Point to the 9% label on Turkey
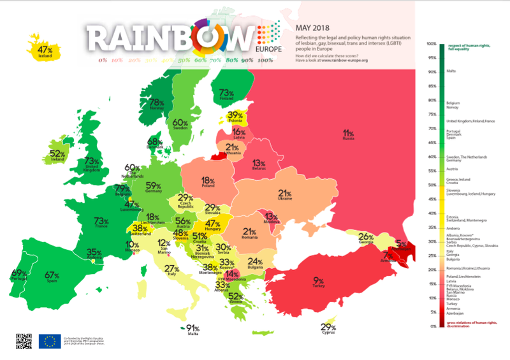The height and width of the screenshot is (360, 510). pos(318,281)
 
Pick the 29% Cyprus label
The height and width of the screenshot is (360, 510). pos(330,329)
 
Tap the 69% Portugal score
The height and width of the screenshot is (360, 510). pos(20,275)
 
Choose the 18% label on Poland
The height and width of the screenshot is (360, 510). pos(208,182)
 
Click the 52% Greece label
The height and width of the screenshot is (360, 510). pos(237,296)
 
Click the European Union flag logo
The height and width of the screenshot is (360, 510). pos(49,342)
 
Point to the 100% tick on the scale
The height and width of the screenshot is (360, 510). pos(432,43)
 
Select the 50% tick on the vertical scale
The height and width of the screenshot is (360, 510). pos(432,185)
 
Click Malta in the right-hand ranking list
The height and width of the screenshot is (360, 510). pos(451,71)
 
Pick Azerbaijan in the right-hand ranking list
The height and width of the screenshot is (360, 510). pos(455,313)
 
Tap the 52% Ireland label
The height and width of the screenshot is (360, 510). pos(58,155)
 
